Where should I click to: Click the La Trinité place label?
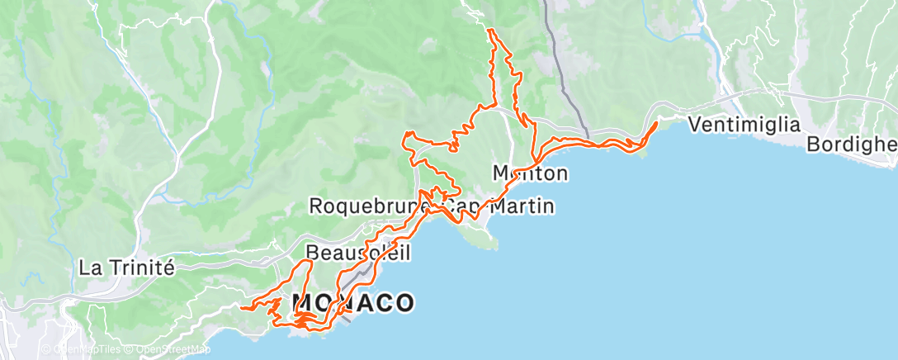point(127,268)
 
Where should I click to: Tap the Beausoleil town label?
point(357,252)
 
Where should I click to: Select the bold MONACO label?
point(352,302)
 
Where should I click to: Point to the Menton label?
point(530,173)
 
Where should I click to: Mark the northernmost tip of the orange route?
point(490,30)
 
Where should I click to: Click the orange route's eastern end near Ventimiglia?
point(657,123)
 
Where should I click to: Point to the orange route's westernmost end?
point(241,308)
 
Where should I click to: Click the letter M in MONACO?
point(305,302)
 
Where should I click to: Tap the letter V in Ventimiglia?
point(693,125)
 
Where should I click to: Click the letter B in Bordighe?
point(814,144)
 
